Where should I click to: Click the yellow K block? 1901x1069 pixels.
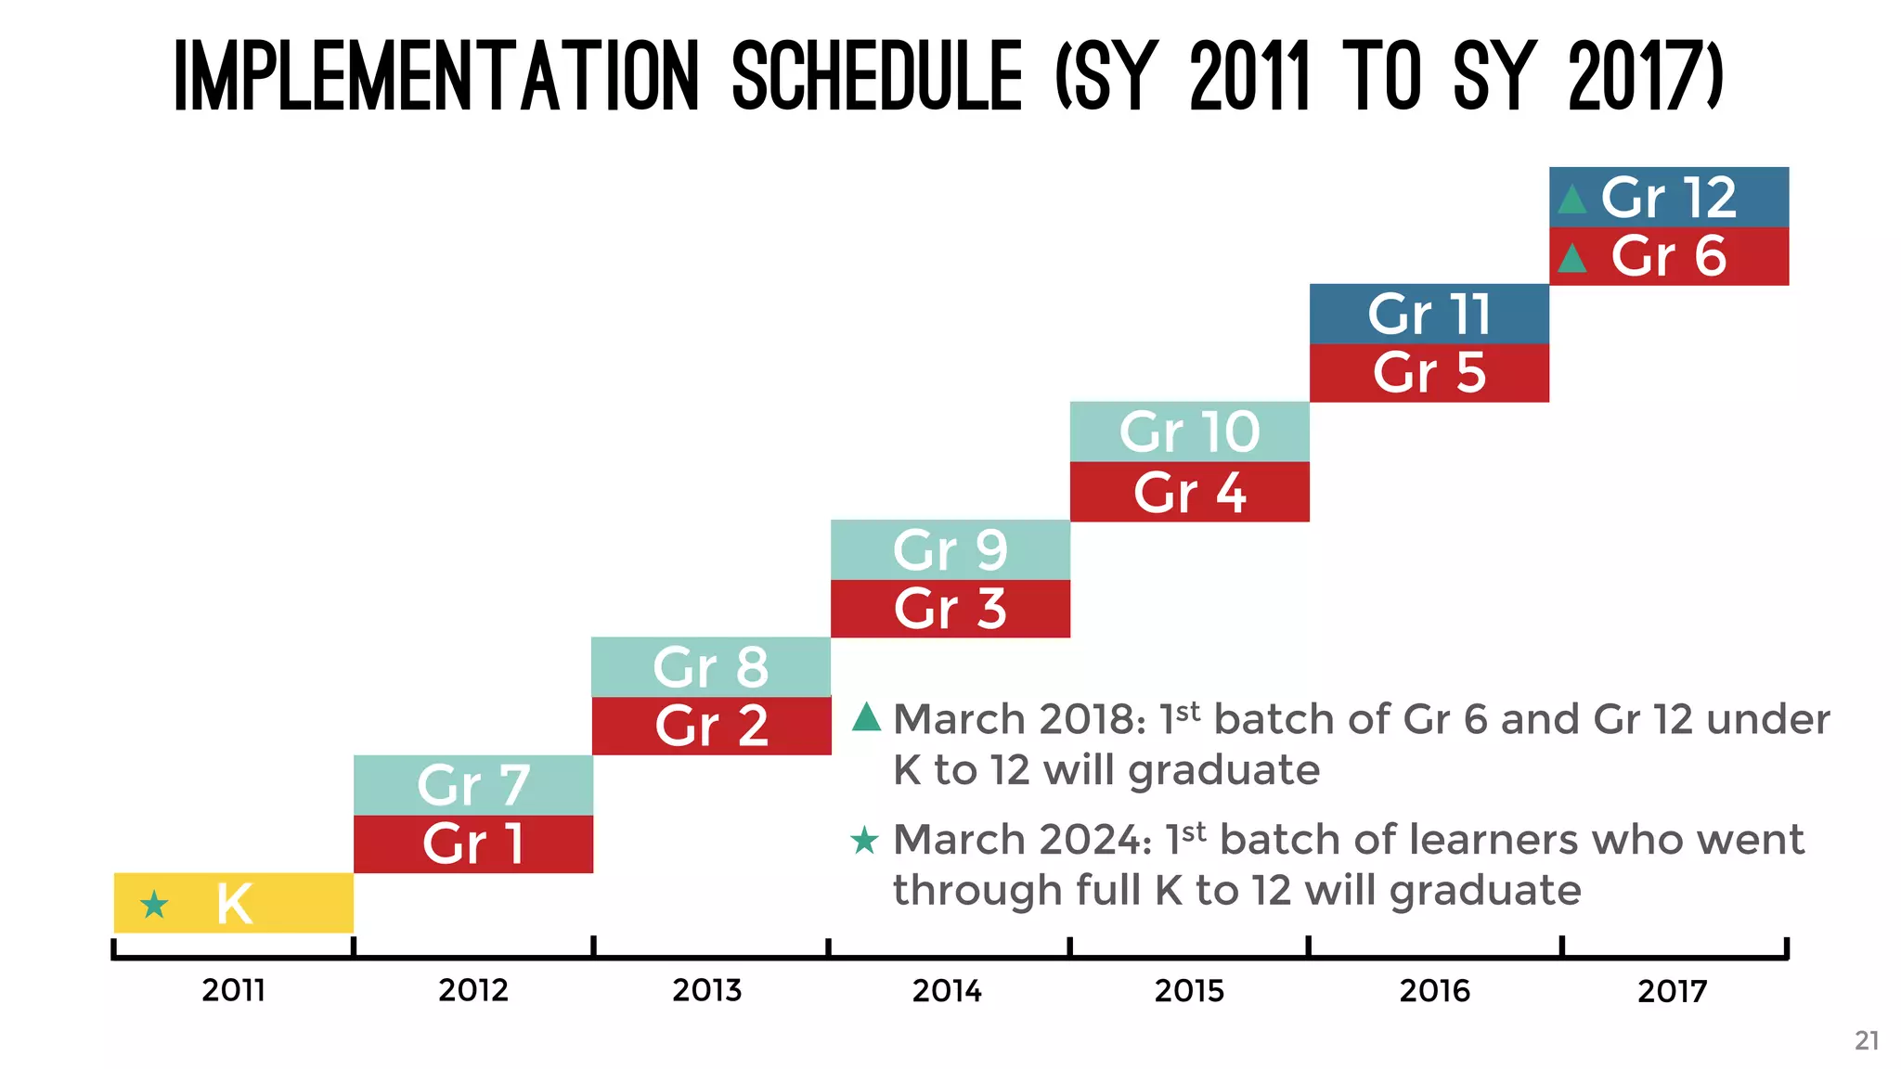point(234,903)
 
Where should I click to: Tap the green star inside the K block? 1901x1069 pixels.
point(154,904)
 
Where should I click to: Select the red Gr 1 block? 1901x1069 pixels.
point(473,844)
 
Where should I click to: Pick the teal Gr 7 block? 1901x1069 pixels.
point(473,785)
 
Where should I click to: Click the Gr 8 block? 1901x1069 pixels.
point(711,666)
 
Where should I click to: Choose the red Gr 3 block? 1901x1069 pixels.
point(950,609)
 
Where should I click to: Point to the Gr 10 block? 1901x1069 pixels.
point(1190,431)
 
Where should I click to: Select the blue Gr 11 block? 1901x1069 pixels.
point(1429,314)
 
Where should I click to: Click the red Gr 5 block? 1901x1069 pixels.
point(1429,373)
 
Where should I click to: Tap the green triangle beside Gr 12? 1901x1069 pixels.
point(1572,200)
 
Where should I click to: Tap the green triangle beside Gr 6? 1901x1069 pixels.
point(1572,258)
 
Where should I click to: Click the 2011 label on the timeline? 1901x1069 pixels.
point(234,991)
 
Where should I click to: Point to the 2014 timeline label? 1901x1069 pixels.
point(947,991)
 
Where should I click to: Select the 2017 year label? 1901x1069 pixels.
point(1673,991)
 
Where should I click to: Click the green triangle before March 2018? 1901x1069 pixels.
point(867,717)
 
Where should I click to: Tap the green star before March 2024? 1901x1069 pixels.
point(864,841)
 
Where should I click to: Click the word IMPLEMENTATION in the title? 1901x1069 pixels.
point(436,76)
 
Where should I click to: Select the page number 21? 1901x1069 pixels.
point(1867,1041)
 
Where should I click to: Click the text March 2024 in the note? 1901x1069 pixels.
point(1022,840)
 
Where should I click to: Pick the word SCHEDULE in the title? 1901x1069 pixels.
point(877,76)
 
